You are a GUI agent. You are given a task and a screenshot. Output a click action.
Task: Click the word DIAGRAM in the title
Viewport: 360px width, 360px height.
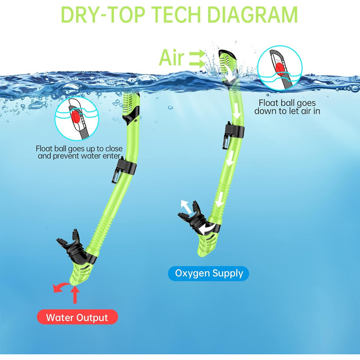(x=252, y=15)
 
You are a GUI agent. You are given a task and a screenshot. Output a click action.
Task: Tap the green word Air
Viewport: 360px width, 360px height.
(x=171, y=58)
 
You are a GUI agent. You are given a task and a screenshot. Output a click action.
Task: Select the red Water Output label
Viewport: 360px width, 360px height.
(x=77, y=317)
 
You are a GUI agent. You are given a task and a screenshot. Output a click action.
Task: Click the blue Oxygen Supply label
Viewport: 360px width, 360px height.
(x=208, y=274)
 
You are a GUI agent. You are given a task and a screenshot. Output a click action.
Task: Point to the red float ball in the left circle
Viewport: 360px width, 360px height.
(x=76, y=117)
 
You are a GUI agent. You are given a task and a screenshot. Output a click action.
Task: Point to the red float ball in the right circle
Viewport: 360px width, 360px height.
(x=280, y=68)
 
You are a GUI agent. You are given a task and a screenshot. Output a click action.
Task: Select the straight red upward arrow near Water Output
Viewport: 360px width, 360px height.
(x=75, y=295)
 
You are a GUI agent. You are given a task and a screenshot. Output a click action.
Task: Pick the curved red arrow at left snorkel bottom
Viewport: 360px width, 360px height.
(x=60, y=286)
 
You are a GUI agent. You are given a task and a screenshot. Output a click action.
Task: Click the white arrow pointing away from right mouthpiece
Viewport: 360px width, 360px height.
(x=186, y=206)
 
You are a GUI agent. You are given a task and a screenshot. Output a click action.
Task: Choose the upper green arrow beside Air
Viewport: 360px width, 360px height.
(x=197, y=54)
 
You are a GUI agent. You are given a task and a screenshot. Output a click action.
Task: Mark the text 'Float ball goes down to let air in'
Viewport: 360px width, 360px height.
(x=287, y=107)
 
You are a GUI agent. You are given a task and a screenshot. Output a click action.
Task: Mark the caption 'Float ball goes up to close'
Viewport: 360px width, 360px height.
(x=79, y=148)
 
